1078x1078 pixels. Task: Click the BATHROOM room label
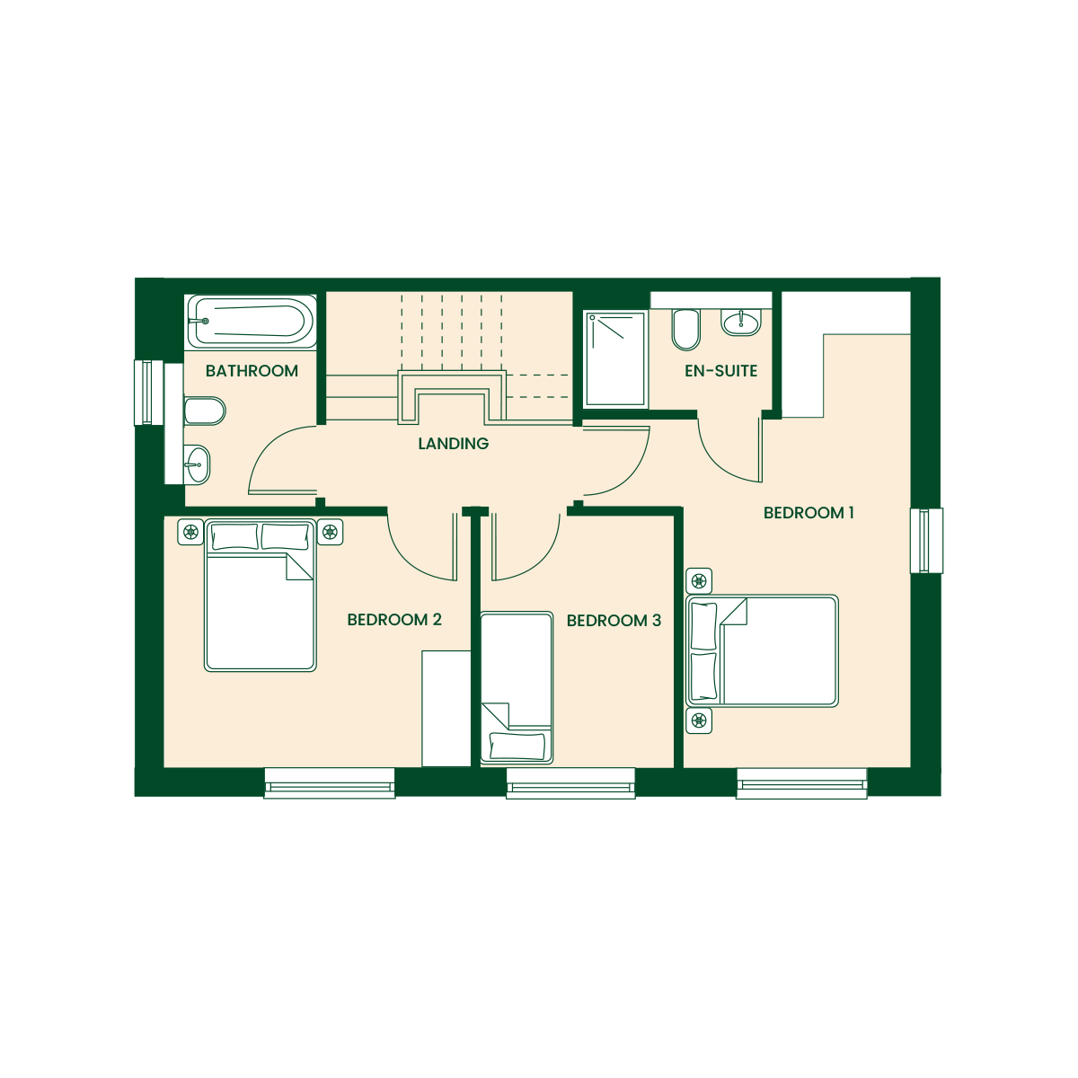point(252,371)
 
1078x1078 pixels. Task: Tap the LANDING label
point(453,444)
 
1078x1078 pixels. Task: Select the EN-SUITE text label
point(720,371)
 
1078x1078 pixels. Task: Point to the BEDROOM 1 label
point(808,513)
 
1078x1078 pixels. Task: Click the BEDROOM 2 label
point(394,619)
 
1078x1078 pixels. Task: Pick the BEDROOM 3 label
point(614,621)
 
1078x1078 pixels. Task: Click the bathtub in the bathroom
point(252,322)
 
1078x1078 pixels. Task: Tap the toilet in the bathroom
point(205,411)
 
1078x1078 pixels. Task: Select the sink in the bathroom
point(197,464)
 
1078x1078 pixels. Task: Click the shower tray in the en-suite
point(615,359)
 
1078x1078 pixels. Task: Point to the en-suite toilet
point(685,330)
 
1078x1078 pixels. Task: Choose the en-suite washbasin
point(740,323)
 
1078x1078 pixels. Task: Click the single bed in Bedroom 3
point(517,688)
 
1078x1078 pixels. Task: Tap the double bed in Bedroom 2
point(261,596)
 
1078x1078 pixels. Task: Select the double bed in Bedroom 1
point(762,650)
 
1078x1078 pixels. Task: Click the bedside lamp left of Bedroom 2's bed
point(190,532)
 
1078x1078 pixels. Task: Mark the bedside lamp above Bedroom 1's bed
point(699,581)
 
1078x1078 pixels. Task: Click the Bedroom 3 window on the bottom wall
point(570,783)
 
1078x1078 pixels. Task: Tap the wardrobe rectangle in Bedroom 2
point(446,709)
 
